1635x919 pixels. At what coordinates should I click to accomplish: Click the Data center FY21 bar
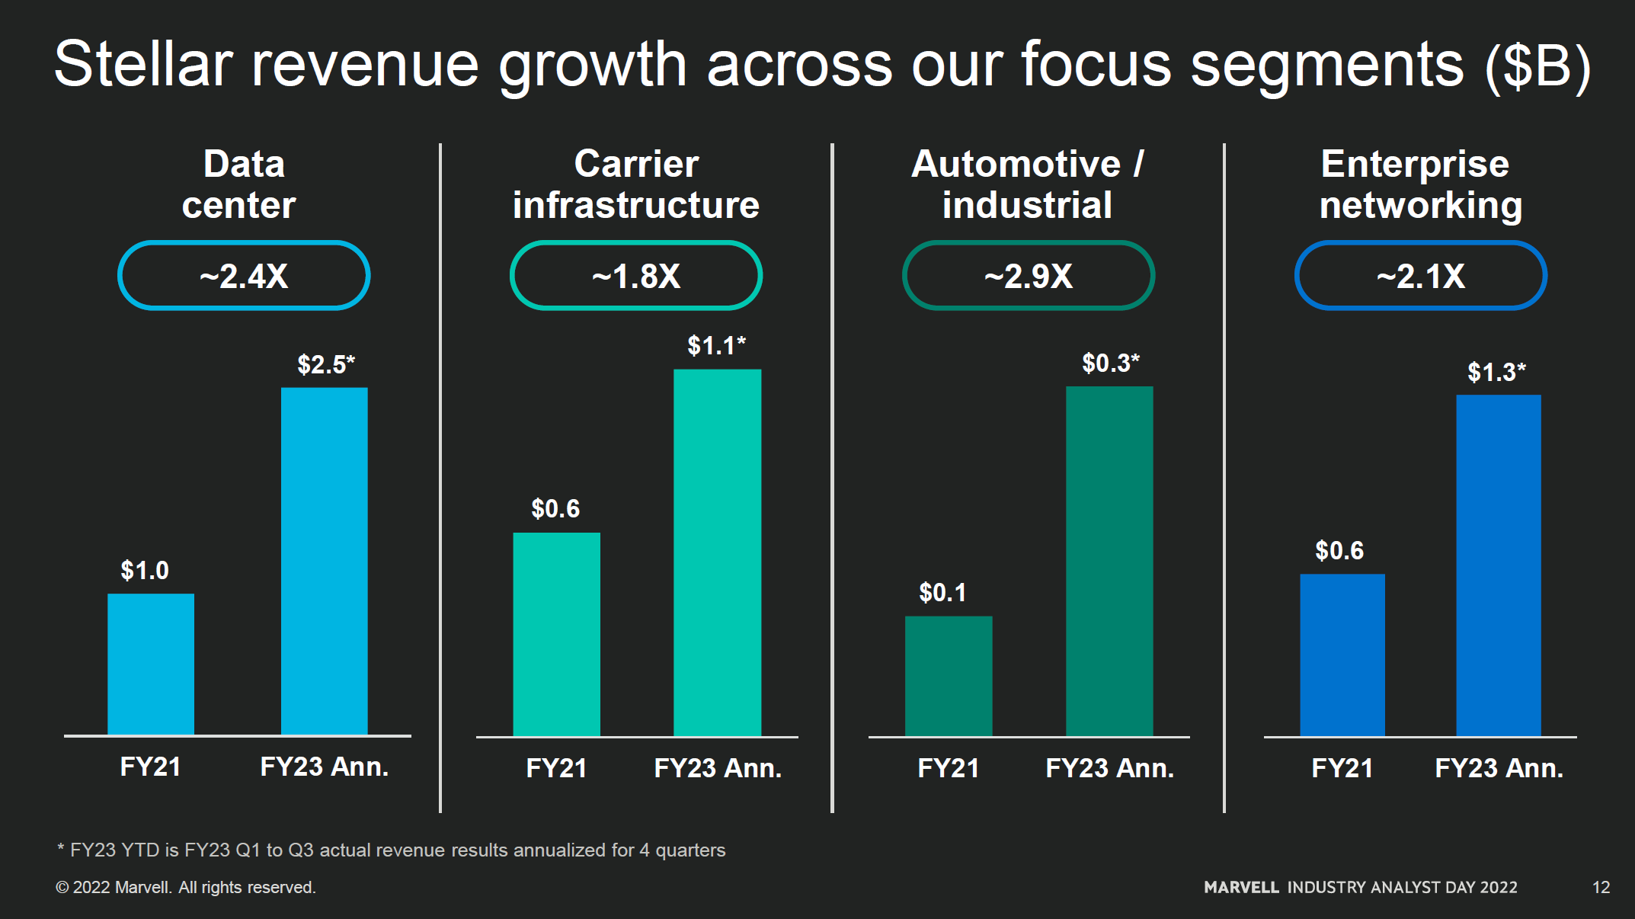[151, 664]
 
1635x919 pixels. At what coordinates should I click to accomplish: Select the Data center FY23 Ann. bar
[324, 561]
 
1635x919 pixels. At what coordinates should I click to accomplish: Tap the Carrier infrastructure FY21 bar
[556, 634]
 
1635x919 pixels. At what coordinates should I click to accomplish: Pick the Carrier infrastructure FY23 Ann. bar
[717, 552]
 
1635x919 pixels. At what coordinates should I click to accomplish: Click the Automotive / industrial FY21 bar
[949, 676]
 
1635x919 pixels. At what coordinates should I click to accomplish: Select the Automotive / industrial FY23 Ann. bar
[1109, 561]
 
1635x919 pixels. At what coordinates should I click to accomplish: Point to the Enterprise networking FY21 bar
[1342, 655]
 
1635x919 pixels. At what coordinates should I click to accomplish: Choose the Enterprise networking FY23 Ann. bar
[1498, 565]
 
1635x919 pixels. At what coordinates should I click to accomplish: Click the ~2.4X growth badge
[244, 276]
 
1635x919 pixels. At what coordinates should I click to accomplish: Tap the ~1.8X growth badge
[636, 276]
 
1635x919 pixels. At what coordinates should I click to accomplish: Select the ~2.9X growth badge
[1029, 276]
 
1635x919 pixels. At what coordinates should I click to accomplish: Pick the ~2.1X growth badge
[1421, 276]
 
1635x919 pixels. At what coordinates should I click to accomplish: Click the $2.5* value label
[326, 364]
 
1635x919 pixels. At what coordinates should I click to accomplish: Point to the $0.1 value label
[942, 592]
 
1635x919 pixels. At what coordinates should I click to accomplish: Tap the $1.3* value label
[1496, 372]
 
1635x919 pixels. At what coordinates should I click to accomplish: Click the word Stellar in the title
[143, 64]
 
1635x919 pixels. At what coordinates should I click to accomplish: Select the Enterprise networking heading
[1420, 184]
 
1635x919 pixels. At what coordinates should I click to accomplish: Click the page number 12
[1601, 887]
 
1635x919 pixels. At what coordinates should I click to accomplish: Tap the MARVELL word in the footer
[1241, 887]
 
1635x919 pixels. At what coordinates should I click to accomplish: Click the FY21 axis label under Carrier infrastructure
[556, 767]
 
